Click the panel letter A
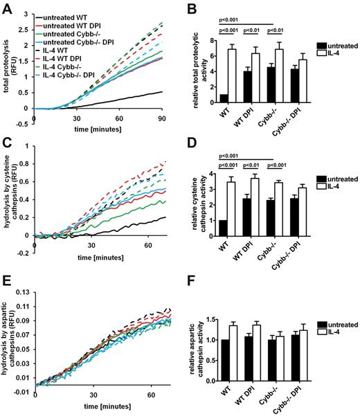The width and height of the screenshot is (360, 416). point(6,7)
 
